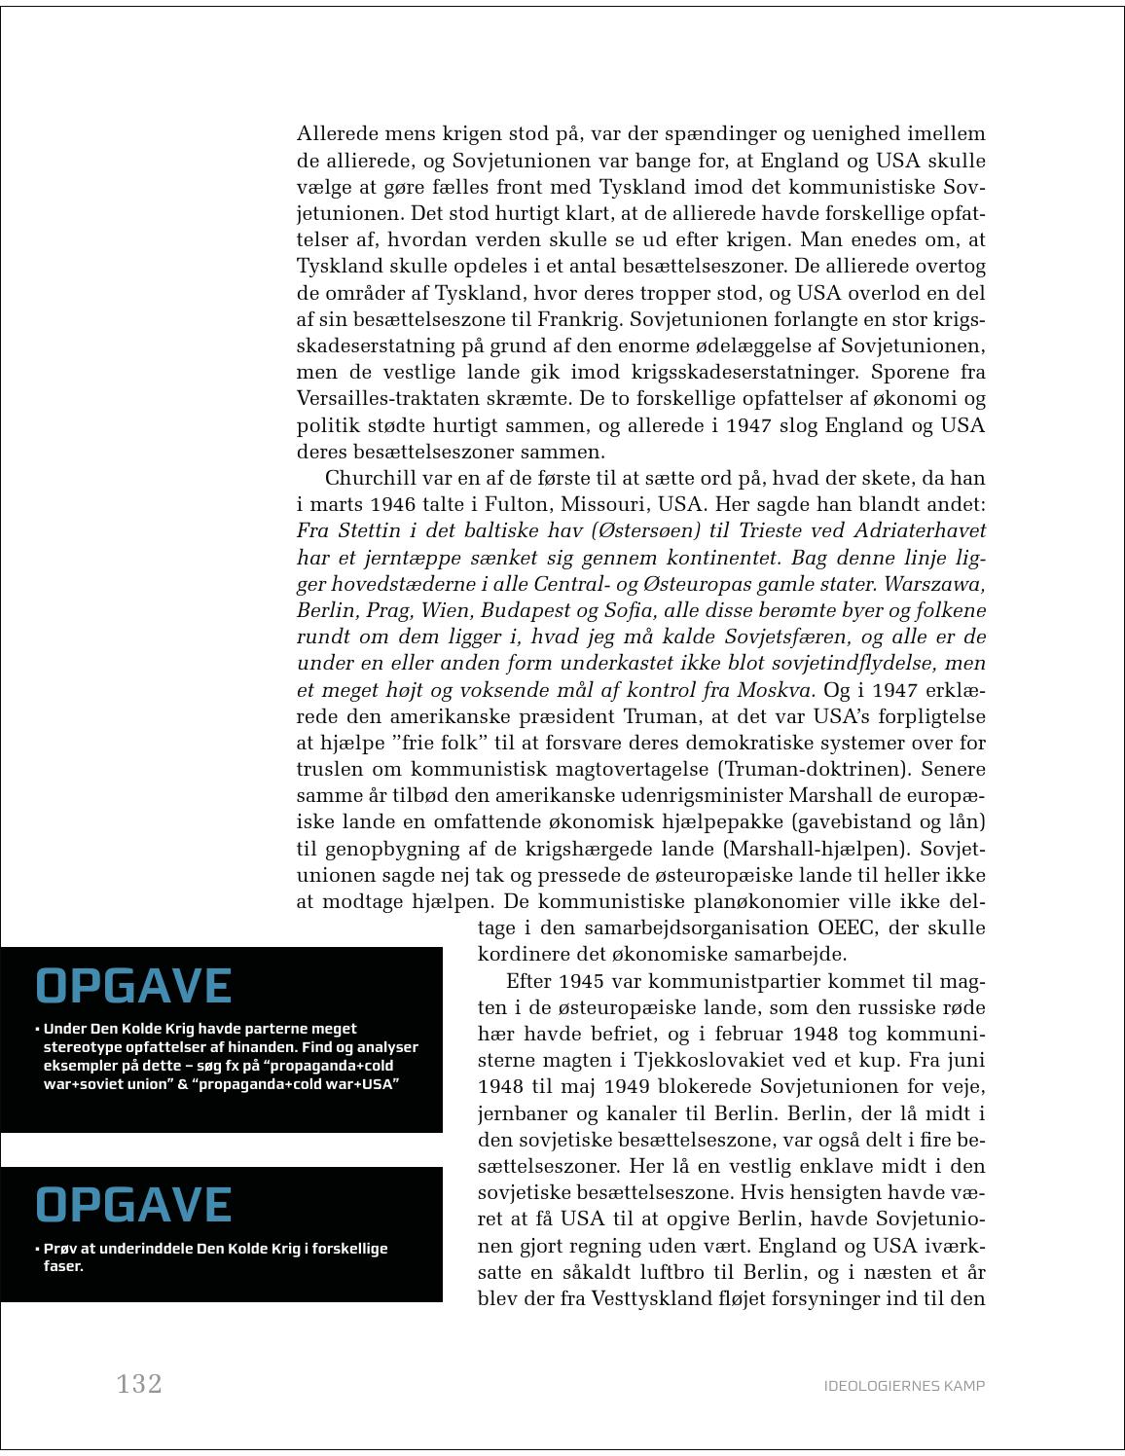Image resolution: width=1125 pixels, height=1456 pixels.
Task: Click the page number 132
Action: pyautogui.click(x=139, y=1384)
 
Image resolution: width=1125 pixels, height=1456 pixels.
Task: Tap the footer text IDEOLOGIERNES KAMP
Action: pyautogui.click(x=904, y=1386)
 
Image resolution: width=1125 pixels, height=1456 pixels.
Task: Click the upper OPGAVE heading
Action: pyautogui.click(x=133, y=986)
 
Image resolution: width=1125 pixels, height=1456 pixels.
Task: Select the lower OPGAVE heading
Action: pyautogui.click(x=133, y=1205)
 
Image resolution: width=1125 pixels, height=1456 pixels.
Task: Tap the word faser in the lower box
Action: pyautogui.click(x=62, y=1266)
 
